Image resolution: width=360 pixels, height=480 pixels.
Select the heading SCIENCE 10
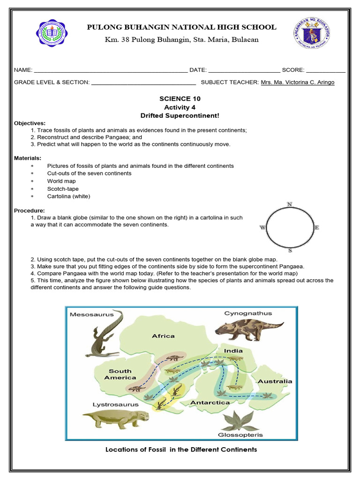click(180, 99)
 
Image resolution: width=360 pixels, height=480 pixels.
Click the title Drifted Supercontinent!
click(180, 115)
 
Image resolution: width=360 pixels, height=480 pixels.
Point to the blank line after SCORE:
click(326, 70)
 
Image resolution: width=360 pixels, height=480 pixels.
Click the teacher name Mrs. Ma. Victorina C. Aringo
click(298, 82)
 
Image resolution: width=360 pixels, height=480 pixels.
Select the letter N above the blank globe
click(290, 204)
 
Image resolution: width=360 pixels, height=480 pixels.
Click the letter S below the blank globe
click(290, 250)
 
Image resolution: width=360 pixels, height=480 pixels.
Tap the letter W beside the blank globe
click(262, 228)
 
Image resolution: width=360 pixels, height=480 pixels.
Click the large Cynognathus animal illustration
click(249, 328)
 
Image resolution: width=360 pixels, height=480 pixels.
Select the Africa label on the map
click(163, 336)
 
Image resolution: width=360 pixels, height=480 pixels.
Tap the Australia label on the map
click(275, 381)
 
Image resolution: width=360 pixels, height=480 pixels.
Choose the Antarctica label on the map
click(210, 402)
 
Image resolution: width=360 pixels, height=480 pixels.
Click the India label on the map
click(233, 351)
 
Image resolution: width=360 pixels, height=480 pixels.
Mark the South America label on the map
click(120, 374)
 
